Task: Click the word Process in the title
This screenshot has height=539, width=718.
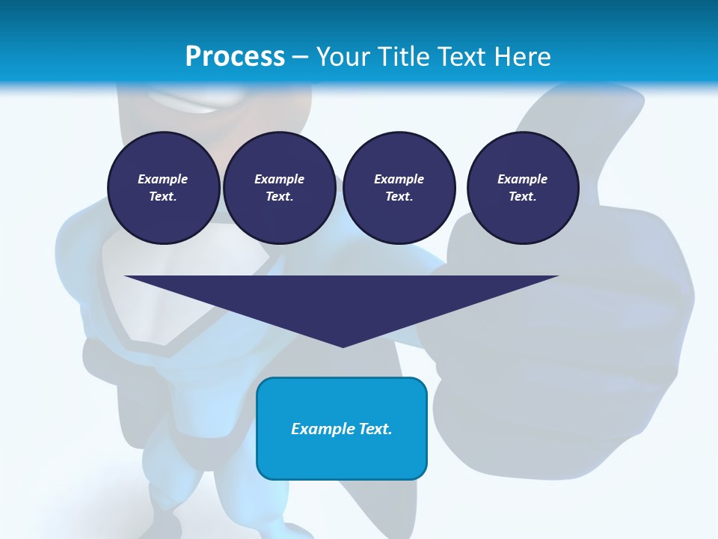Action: pos(235,56)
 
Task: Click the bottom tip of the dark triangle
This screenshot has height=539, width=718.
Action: pos(343,345)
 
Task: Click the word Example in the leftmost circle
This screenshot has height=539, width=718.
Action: pos(163,179)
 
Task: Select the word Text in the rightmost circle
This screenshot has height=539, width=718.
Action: pos(523,196)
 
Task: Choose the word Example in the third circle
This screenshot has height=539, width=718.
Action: pos(399,179)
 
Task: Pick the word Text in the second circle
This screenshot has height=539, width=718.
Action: pos(279,196)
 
